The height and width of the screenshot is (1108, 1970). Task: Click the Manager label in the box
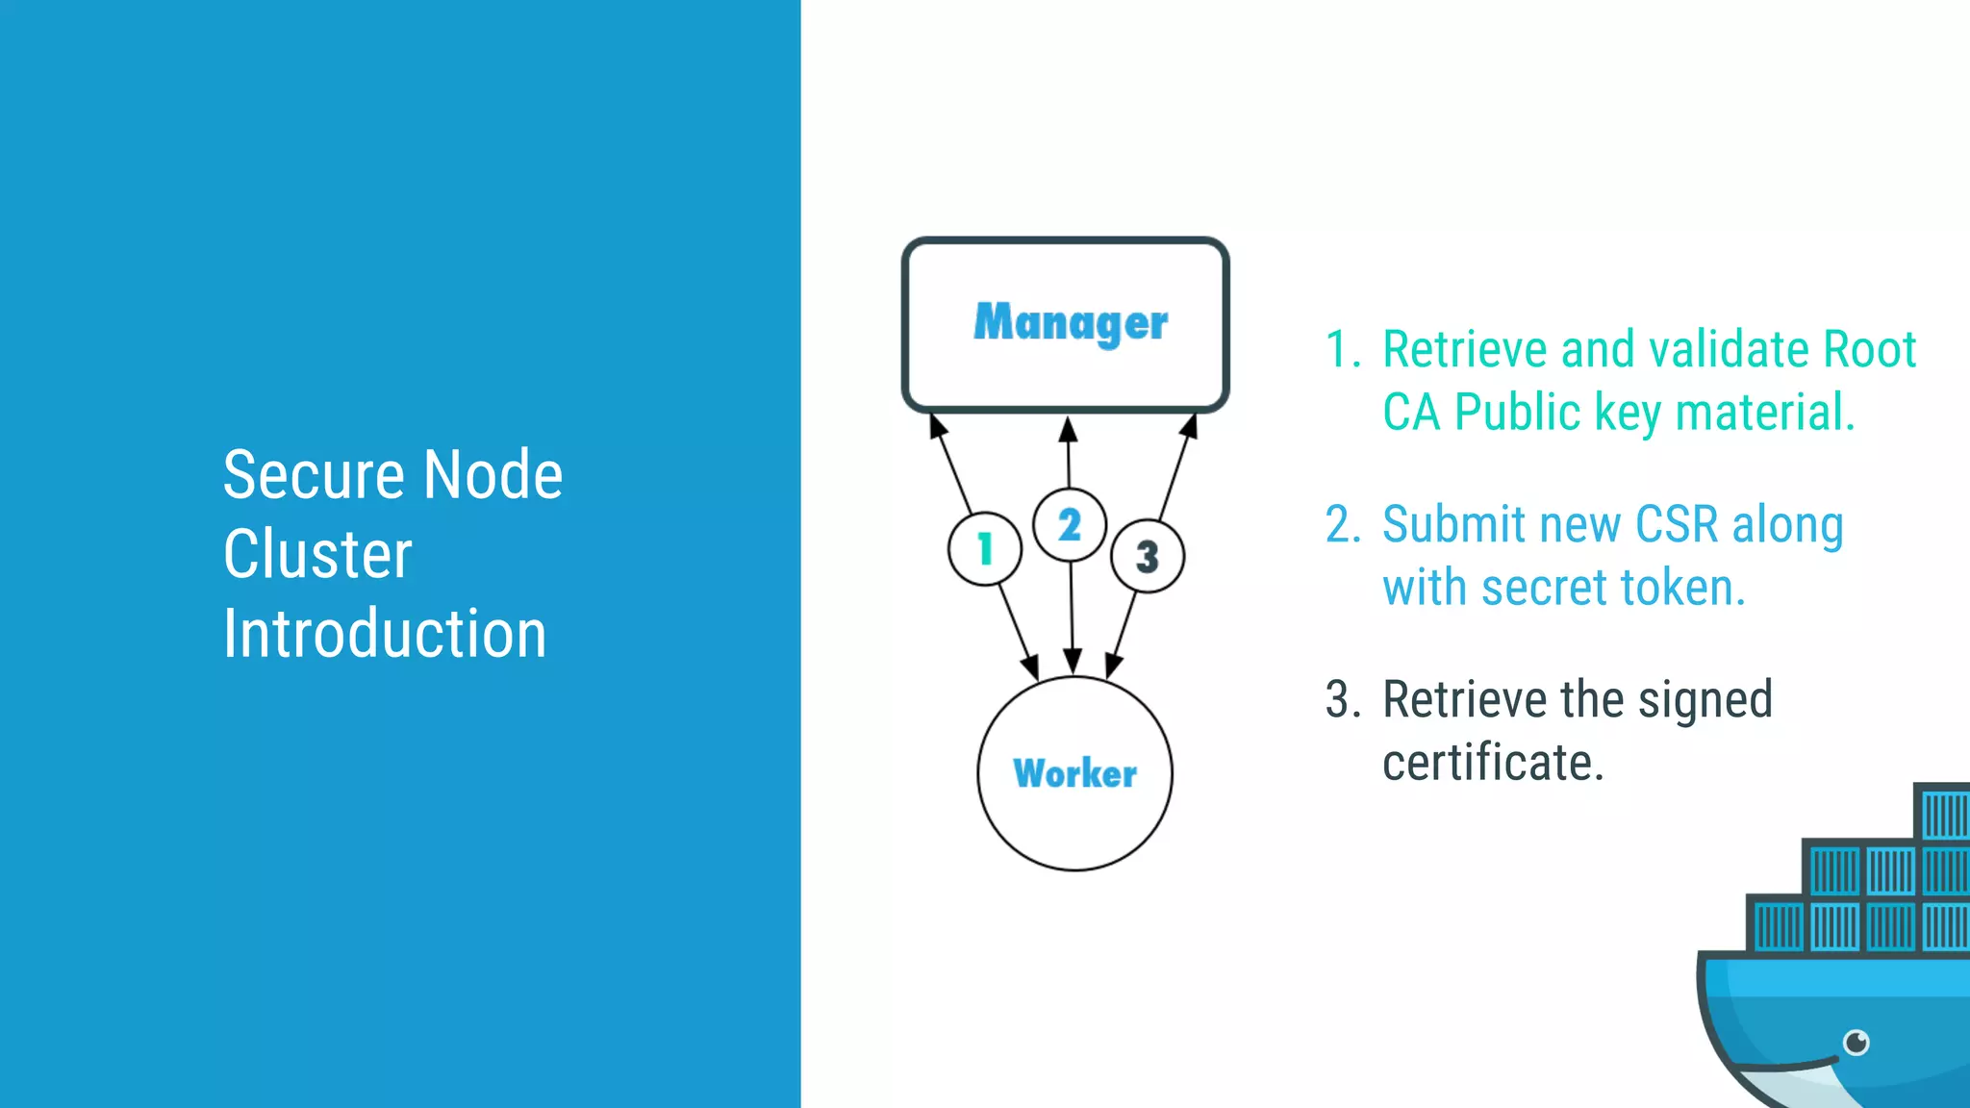1070,323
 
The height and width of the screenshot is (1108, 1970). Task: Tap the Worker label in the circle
1074,773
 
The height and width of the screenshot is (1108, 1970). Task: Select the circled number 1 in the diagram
984,549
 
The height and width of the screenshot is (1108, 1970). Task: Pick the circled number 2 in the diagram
1069,525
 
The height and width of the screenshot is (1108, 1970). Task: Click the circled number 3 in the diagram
1147,556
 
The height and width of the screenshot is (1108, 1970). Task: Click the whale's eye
1856,1042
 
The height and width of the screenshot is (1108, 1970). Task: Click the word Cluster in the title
317,555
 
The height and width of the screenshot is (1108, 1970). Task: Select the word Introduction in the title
385,635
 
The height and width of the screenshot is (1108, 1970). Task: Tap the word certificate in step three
1493,763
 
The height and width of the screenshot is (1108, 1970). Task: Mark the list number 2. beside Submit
1342,525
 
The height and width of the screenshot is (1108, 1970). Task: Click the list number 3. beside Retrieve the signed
1342,700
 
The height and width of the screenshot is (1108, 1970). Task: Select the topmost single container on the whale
1943,814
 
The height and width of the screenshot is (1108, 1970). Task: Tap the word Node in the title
492,475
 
